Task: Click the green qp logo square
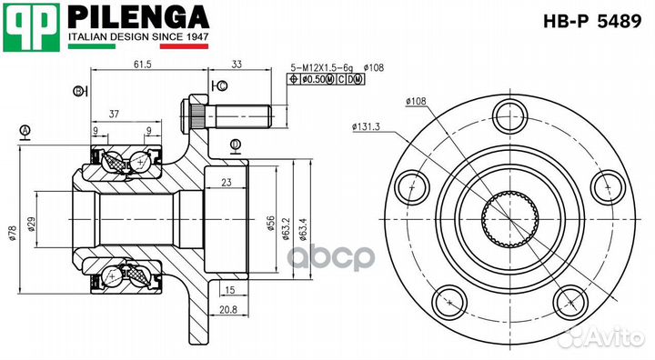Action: coord(31,27)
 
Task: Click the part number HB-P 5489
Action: coord(591,21)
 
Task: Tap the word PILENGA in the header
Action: coord(138,17)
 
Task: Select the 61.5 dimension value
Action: coord(142,65)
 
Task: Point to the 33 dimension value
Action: coord(237,65)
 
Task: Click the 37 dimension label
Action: coord(114,114)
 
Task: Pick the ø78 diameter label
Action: coord(12,233)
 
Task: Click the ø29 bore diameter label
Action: coord(31,224)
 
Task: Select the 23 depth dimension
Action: coord(226,182)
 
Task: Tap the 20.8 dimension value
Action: coord(228,309)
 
